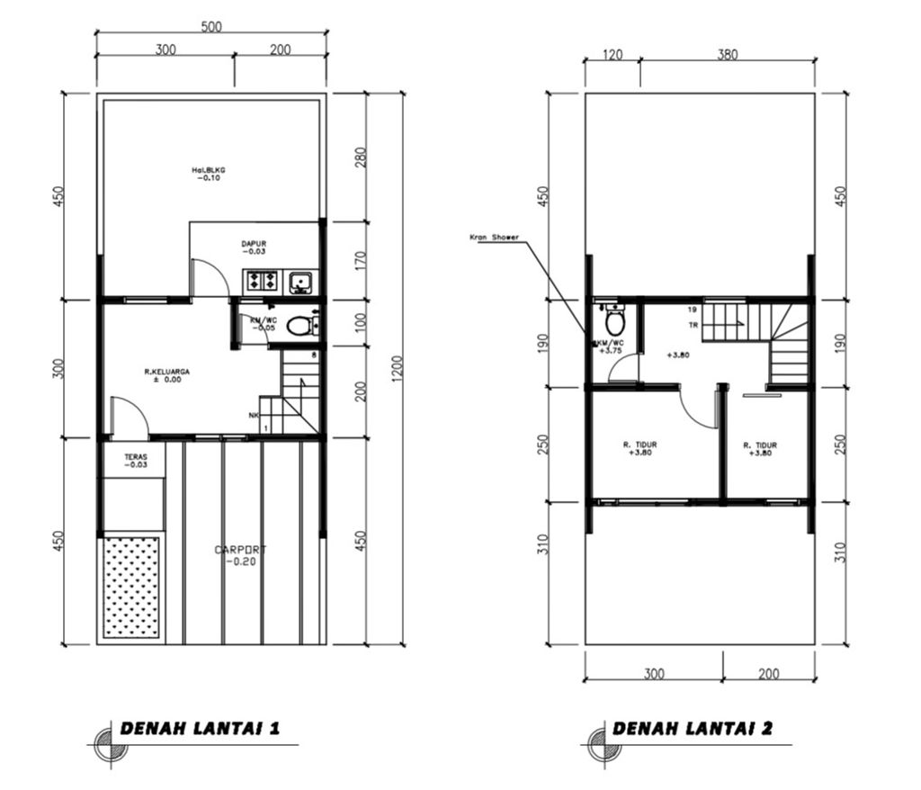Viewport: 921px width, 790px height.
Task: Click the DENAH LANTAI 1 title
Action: click(x=200, y=729)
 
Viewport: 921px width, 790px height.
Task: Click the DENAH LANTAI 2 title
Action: click(x=693, y=729)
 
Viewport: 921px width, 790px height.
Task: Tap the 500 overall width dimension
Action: click(x=211, y=26)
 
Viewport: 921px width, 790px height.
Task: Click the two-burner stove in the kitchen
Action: click(x=262, y=282)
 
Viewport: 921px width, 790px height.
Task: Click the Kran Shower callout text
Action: click(x=494, y=238)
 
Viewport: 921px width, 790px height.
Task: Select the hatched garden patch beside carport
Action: click(x=131, y=587)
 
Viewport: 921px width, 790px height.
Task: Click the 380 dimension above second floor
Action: click(x=727, y=54)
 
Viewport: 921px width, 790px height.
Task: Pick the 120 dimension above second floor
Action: click(x=612, y=54)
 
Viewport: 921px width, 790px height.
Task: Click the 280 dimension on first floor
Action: click(x=361, y=157)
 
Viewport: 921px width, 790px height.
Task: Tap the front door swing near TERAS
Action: click(x=129, y=416)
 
